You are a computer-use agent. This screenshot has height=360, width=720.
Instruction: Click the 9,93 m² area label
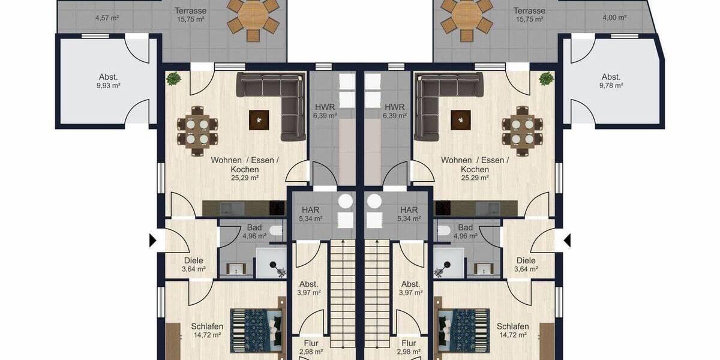pos(109,86)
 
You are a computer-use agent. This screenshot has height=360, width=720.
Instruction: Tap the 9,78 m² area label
pos(611,86)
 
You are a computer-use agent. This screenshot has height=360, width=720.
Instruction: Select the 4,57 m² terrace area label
pos(107,18)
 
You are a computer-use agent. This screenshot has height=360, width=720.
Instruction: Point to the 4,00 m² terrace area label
pos(614,18)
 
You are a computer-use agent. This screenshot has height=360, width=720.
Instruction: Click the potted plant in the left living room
pos(173,78)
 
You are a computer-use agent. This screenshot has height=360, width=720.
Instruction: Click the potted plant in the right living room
pos(546,78)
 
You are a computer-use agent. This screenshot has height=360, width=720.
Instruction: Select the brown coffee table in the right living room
pos(460,120)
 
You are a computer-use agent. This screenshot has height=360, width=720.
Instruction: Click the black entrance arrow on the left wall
pos(152,241)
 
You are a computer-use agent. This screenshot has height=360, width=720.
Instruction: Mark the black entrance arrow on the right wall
pos(567,241)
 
